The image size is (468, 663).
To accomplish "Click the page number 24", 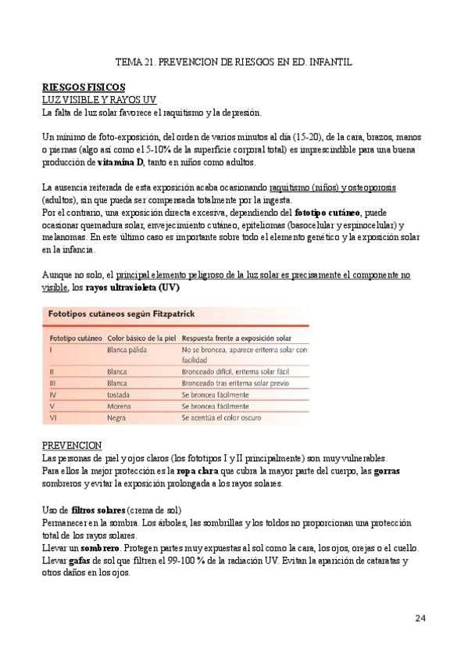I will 420,618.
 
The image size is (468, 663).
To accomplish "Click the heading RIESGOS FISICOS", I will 84,86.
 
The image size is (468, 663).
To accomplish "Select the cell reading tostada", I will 119,396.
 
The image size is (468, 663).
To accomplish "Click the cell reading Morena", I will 119,407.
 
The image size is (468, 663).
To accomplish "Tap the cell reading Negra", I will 117,418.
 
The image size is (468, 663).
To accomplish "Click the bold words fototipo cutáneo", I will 327,213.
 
